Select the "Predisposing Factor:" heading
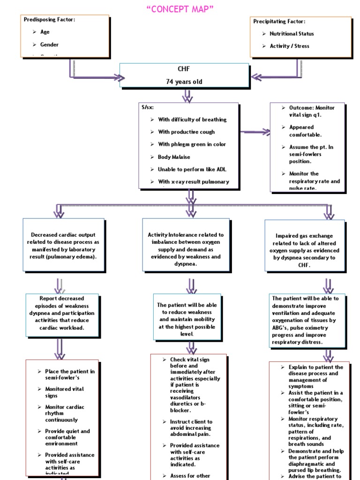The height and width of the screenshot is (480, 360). point(49,19)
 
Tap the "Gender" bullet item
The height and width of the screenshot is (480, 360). point(49,45)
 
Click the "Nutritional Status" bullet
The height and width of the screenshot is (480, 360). point(292,34)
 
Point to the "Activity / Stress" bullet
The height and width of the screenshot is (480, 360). point(289,46)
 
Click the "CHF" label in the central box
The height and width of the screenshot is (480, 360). point(184,69)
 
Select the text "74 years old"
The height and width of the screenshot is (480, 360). point(184,82)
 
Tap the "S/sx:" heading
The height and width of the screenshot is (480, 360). point(147,107)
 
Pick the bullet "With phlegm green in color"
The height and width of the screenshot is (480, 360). point(185,144)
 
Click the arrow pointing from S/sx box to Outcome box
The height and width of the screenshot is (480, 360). point(256,133)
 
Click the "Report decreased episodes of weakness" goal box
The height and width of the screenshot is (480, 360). point(62,313)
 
